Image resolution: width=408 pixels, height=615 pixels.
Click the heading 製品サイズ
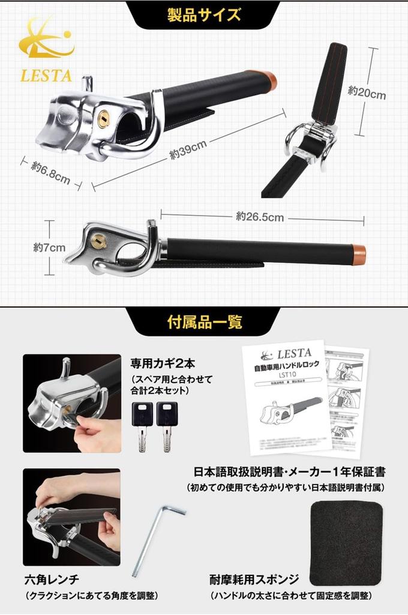[x=204, y=14]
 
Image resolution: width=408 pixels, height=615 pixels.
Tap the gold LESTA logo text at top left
[x=46, y=76]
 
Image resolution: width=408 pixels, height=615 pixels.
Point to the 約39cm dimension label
[x=188, y=149]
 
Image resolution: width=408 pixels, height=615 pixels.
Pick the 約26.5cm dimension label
[x=259, y=217]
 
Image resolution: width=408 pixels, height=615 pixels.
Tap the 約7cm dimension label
[x=49, y=247]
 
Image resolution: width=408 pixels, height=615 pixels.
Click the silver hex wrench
[x=157, y=538]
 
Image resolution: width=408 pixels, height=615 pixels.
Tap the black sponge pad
[x=346, y=544]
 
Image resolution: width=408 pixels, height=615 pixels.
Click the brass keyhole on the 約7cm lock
[x=98, y=241]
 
